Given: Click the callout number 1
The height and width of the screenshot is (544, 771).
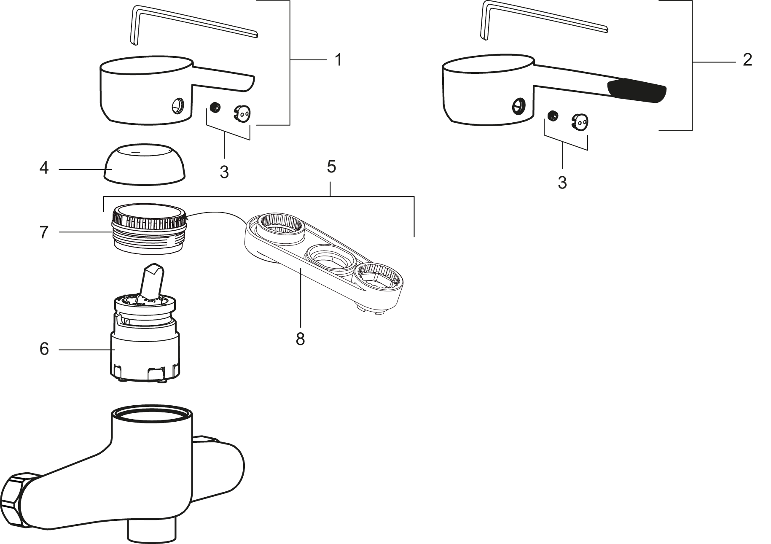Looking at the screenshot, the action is point(338,60).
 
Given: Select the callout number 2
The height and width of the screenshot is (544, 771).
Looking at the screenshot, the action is point(747,59).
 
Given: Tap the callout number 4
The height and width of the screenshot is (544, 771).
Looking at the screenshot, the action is point(44,168).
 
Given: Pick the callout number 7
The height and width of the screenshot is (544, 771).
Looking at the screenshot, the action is point(44,232).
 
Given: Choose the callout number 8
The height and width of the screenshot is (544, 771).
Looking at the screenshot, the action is point(300,338).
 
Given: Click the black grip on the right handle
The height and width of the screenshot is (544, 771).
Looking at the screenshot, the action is point(637,91).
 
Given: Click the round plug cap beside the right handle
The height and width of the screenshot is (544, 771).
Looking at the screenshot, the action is point(580,121).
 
